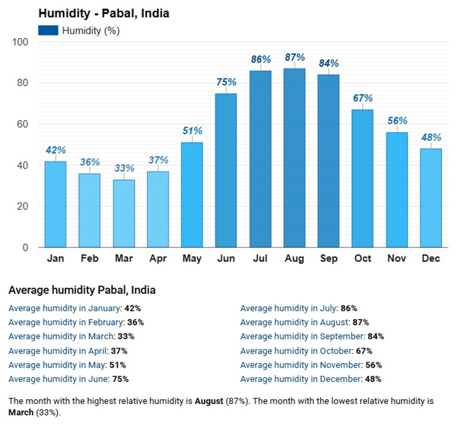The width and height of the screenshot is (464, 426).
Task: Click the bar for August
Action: point(294,158)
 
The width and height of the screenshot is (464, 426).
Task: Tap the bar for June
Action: point(226,170)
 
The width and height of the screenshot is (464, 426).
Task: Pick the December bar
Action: point(431,198)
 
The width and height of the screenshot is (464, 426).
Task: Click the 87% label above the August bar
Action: point(294,58)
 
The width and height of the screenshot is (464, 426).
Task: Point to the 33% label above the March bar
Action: point(124,168)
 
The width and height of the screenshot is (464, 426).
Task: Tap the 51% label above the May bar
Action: point(192,131)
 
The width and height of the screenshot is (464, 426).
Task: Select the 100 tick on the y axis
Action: point(20,42)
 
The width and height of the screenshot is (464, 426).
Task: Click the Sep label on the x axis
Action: point(328,259)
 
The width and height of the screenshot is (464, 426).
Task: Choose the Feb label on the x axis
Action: point(90,259)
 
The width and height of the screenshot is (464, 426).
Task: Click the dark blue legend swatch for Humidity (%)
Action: point(48,31)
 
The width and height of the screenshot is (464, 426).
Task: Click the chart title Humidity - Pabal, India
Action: point(104,14)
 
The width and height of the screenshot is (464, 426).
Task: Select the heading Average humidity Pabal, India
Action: point(82,290)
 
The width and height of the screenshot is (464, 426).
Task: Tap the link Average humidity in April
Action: point(55,351)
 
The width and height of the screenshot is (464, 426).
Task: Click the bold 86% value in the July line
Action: point(348,308)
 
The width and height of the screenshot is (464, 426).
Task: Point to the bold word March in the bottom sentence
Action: point(21,412)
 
